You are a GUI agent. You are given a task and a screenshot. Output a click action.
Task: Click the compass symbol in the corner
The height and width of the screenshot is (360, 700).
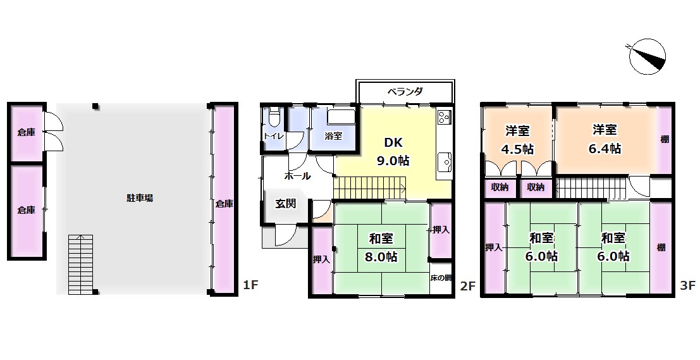[647, 57]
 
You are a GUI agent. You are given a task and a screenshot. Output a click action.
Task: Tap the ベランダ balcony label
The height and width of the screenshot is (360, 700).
[405, 92]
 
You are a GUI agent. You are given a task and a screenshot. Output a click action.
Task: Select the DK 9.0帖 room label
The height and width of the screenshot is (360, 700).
[393, 151]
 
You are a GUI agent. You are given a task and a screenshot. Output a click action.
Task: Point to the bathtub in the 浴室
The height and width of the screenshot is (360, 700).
[341, 118]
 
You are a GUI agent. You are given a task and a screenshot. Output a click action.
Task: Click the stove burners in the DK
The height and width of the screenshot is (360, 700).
[444, 117]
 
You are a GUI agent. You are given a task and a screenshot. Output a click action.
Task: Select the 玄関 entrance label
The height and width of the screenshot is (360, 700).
[285, 204]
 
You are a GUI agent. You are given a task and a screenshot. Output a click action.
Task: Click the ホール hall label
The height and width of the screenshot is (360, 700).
[297, 176]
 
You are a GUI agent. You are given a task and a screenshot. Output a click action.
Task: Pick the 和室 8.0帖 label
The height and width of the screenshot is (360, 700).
[381, 247]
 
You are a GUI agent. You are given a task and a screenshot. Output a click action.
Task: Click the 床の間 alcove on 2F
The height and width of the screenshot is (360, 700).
[441, 278]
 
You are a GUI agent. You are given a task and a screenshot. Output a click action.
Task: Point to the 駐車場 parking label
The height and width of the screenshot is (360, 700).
[139, 198]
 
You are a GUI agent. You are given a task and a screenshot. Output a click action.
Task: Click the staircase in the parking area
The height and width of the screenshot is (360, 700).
[80, 264]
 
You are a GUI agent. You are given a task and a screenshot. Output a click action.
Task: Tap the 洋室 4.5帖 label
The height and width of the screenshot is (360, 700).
[517, 140]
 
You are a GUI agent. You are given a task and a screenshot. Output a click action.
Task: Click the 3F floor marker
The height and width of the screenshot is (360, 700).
[689, 285]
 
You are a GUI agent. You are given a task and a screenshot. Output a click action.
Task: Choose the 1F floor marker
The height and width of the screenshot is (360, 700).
[251, 285]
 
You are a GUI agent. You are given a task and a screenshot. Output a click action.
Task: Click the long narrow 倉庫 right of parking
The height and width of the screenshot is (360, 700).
[224, 199]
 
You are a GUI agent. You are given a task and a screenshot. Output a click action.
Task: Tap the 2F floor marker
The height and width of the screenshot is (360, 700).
[469, 285]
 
